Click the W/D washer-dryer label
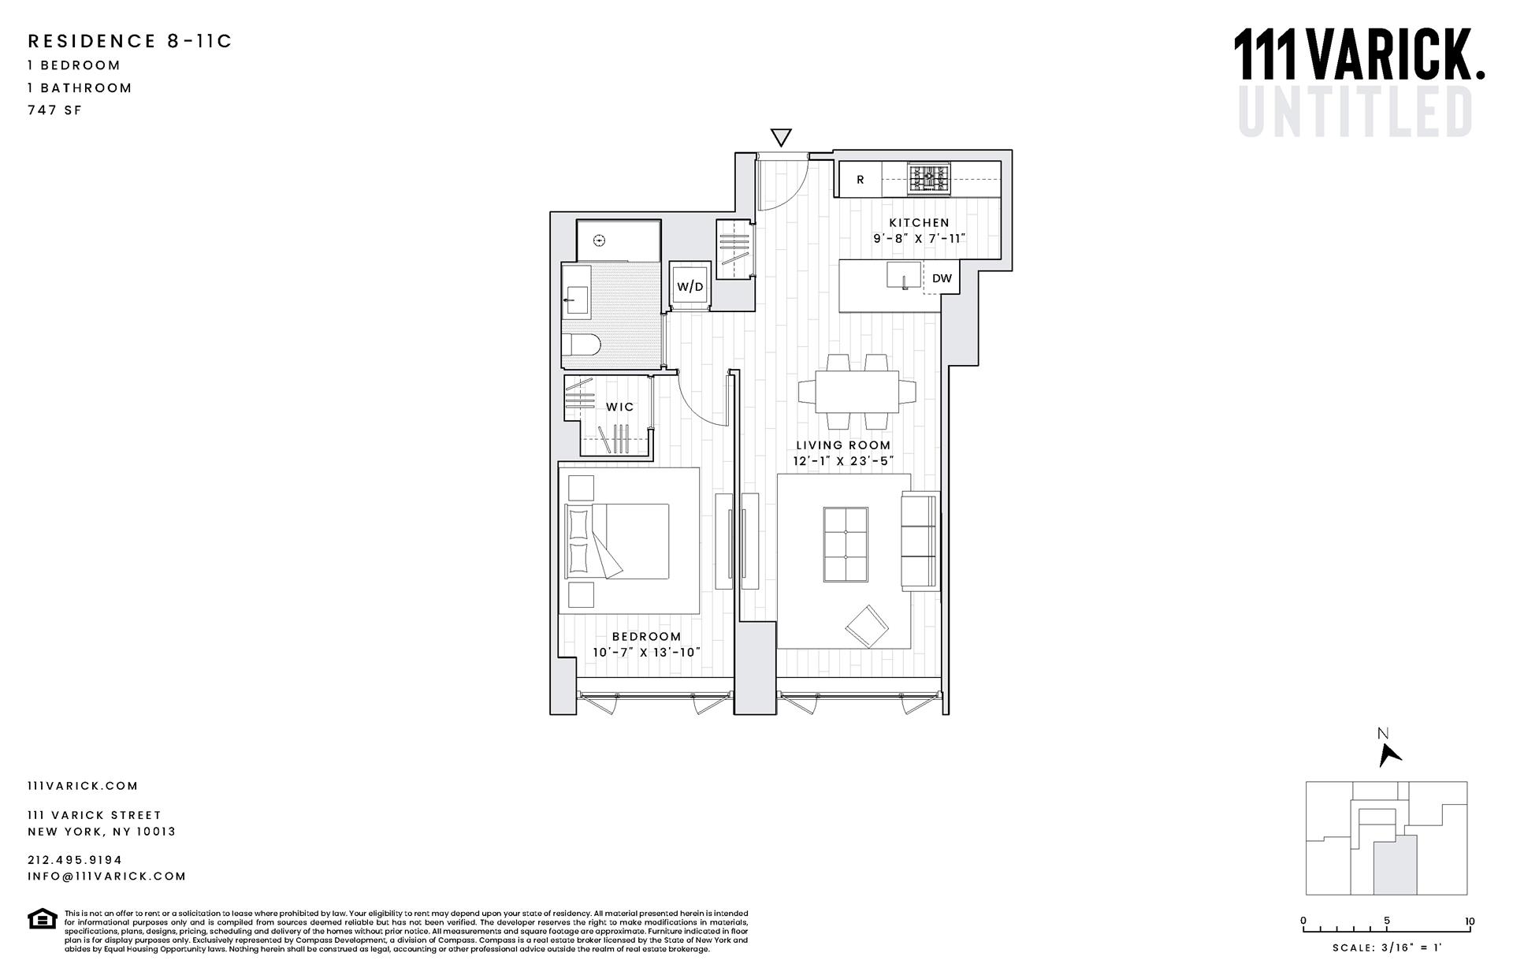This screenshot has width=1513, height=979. [690, 287]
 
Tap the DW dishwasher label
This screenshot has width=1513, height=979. [942, 278]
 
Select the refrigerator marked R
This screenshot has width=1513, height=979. [860, 180]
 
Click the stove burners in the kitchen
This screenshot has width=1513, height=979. [929, 178]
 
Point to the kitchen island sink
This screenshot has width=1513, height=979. [899, 276]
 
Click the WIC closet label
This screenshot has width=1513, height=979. [619, 407]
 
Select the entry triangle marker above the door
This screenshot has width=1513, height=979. [780, 137]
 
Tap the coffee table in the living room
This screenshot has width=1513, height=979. [846, 545]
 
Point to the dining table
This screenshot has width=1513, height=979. [857, 392]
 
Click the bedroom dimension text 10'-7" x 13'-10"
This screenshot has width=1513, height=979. [646, 653]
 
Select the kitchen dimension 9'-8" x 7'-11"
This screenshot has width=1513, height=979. [919, 238]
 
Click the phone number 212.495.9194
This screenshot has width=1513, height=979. [75, 860]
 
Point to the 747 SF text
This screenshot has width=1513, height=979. [54, 110]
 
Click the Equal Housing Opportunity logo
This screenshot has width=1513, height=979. [42, 919]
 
